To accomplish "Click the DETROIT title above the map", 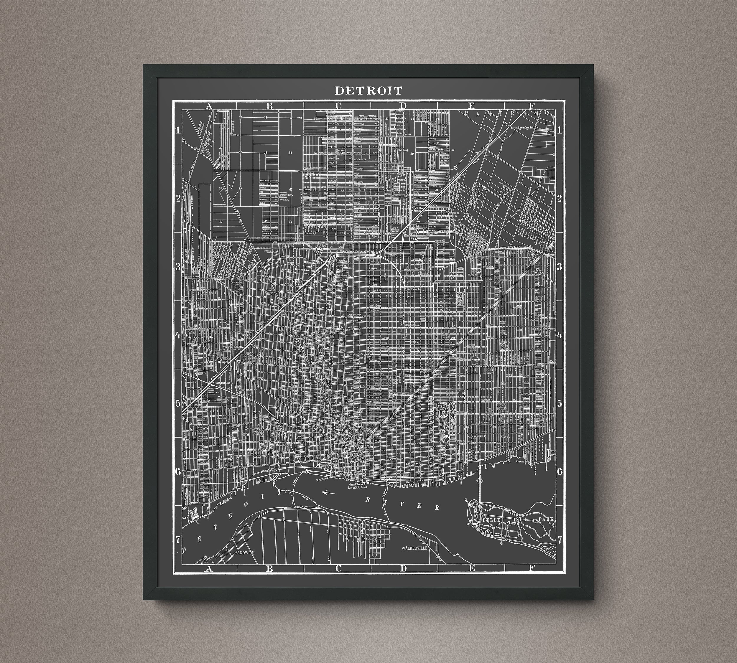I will point(368,90).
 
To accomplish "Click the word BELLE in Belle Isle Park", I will point(493,519).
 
